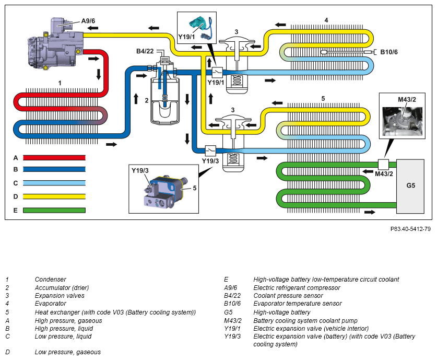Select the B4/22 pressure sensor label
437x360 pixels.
(145, 51)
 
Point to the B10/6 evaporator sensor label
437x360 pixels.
(389, 52)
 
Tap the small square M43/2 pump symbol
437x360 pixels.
(385, 163)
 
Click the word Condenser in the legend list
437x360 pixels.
(51, 280)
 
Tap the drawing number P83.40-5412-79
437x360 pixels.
(410, 229)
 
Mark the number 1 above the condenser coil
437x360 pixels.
(60, 83)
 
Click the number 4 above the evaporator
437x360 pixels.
(326, 20)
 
